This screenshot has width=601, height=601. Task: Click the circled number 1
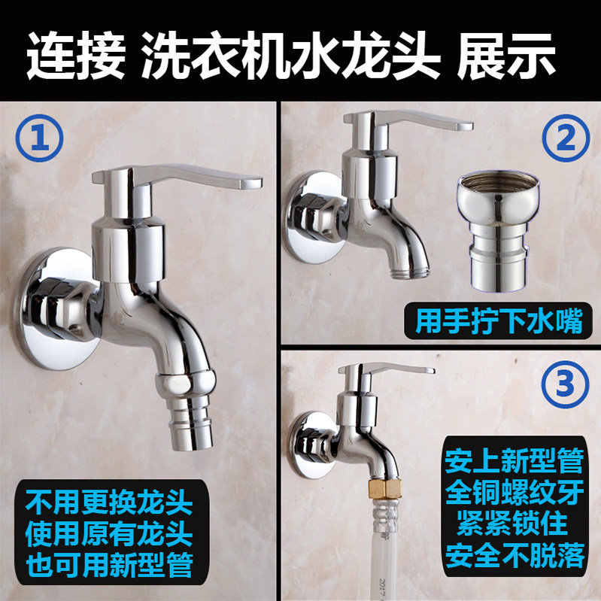coord(39,138)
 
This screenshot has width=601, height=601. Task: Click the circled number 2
coord(566,138)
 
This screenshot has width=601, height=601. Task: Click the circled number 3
coord(565,384)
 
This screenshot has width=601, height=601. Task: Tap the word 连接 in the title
coord(77,56)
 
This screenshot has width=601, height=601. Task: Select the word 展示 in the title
coord(507,56)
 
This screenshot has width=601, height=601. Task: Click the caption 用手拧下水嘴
coord(499,321)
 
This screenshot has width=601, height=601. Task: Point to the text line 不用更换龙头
coord(109,502)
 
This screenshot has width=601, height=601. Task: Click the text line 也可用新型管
coord(109,564)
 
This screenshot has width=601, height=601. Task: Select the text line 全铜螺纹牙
coord(514,492)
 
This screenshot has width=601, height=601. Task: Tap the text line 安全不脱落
coord(514,554)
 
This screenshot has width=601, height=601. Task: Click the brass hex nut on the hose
coord(384,488)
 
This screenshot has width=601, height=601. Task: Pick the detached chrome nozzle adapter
coord(498,230)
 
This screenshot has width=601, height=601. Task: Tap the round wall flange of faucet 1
coord(57,309)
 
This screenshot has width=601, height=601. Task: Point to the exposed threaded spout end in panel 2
coord(409,272)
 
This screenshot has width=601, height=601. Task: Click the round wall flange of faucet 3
coord(311,445)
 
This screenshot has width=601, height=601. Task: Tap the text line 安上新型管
coord(514,461)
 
